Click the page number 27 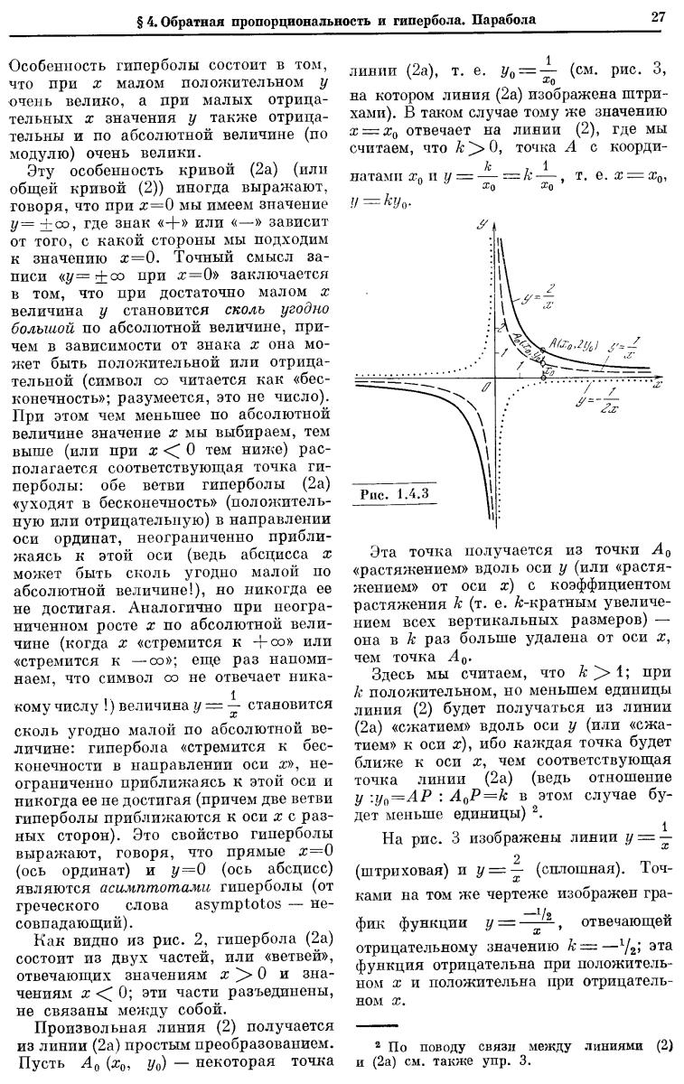[x=657, y=16]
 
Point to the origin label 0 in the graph [x=485, y=387]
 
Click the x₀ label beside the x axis [x=548, y=370]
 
